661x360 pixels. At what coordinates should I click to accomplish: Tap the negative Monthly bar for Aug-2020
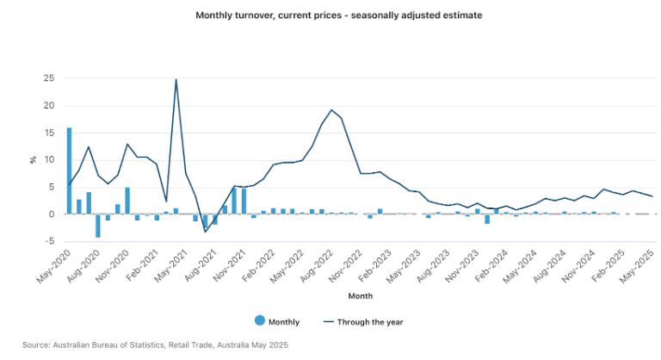coord(98,225)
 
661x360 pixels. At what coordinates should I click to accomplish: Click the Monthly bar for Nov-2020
coord(127,201)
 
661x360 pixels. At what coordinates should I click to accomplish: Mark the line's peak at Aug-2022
coord(331,109)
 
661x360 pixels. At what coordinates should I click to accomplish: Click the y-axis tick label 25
coord(49,78)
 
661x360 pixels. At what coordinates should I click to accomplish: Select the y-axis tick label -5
coord(49,241)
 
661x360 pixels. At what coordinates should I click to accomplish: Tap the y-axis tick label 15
coord(49,133)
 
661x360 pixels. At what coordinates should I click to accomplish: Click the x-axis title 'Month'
coord(360,296)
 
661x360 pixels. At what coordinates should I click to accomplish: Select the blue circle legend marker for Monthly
coord(260,321)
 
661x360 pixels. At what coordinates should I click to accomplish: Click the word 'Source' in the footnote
coord(36,344)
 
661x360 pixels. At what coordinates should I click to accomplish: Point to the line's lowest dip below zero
coord(205,232)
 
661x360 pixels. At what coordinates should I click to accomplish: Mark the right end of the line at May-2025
coord(652,196)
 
